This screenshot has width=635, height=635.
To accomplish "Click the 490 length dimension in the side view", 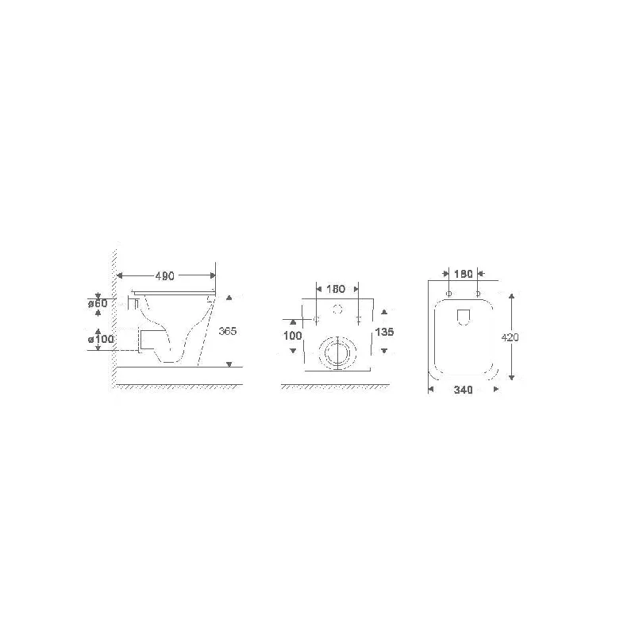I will point(164,275).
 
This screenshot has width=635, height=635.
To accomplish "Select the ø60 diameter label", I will point(98,303).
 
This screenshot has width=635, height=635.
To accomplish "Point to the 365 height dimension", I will point(228,331).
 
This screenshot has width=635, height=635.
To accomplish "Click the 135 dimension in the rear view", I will point(385,332).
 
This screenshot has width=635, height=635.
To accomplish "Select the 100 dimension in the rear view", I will point(293,336).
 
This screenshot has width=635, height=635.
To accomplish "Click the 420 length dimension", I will point(511,337).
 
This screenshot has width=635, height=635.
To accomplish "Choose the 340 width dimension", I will point(464,390).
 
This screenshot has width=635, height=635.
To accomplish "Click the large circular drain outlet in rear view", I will point(337,351).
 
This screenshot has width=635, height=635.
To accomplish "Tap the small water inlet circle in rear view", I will point(337,309).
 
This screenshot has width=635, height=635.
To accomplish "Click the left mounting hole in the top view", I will point(449,294).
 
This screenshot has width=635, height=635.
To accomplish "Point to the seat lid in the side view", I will point(175,293).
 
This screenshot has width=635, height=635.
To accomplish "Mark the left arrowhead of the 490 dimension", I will point(120,275).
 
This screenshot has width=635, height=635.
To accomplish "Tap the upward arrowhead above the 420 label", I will point(513,296).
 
